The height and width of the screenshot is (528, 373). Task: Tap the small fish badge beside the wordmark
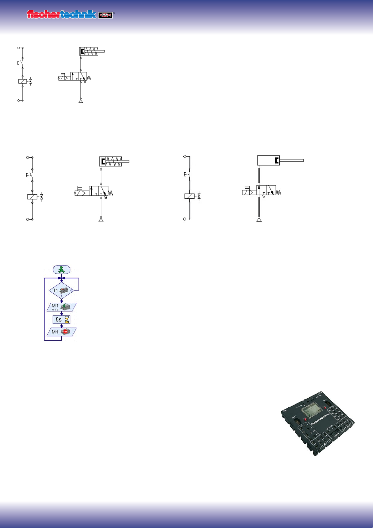point(105,15)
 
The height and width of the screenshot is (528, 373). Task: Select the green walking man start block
point(61,269)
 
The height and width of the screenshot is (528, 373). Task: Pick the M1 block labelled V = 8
point(61,307)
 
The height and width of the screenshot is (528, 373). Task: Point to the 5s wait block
point(61,320)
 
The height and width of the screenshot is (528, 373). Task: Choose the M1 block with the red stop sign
point(61,332)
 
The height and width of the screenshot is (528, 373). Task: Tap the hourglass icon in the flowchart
point(67,320)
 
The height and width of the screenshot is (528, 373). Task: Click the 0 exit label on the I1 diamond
point(71,290)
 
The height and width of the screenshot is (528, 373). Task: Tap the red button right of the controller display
point(325,408)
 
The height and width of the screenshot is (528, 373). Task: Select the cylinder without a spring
point(268,160)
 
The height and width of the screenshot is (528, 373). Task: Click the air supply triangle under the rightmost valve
point(259,220)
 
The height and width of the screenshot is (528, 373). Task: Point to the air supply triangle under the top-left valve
point(81,101)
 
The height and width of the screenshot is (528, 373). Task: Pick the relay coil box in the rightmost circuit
point(189,196)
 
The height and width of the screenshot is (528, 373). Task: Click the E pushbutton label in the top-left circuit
point(18,63)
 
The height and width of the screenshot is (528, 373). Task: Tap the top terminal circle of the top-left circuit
point(19,48)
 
